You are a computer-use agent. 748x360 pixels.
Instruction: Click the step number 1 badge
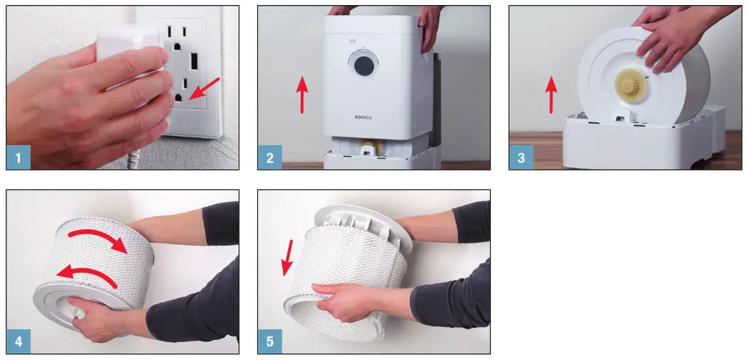[x=18, y=157]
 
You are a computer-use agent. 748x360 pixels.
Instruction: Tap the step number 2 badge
[x=269, y=157]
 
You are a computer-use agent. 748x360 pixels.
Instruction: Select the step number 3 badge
[x=521, y=157]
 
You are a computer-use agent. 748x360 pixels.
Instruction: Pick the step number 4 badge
[x=18, y=341]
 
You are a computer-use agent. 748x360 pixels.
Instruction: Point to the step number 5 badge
[x=269, y=341]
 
